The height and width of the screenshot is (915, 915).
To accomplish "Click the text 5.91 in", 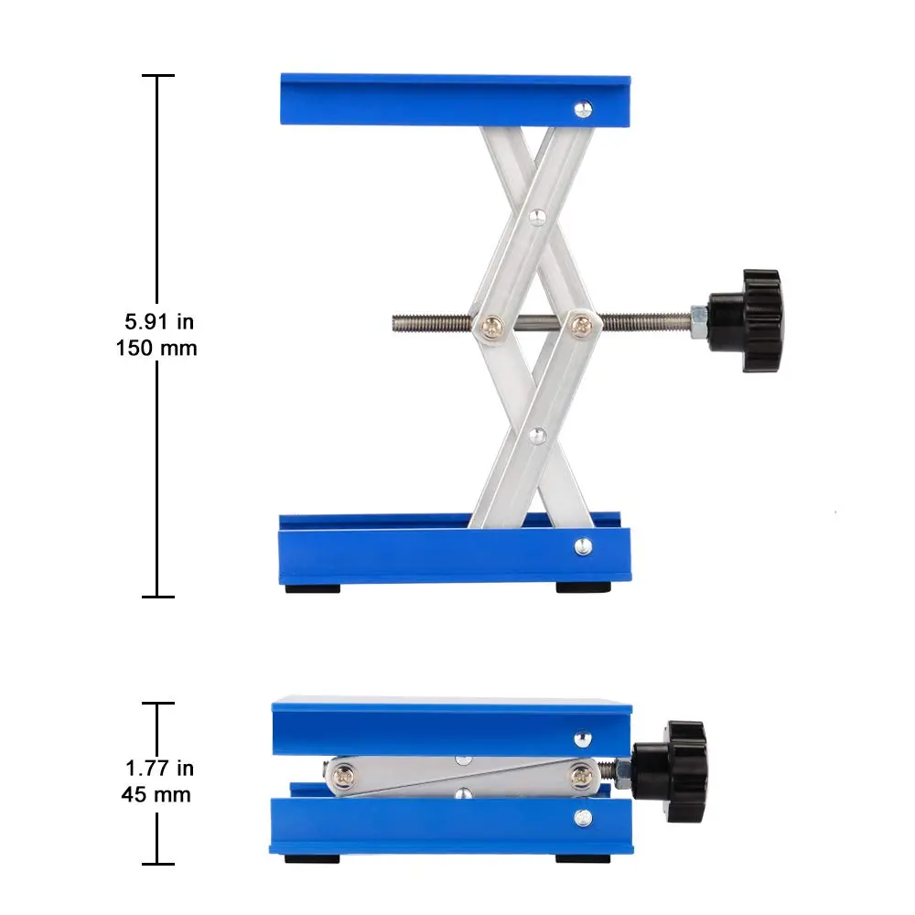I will (x=159, y=322).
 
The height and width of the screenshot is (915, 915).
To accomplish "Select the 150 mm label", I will (x=156, y=348).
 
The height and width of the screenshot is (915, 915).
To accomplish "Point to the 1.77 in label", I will (x=159, y=769).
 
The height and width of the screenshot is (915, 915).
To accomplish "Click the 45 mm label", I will (x=156, y=793).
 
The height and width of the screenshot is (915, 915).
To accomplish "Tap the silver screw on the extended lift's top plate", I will (x=583, y=109).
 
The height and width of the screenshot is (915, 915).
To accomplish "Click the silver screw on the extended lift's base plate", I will (x=583, y=546).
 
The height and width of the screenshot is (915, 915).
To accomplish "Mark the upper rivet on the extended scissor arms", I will (x=539, y=216).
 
